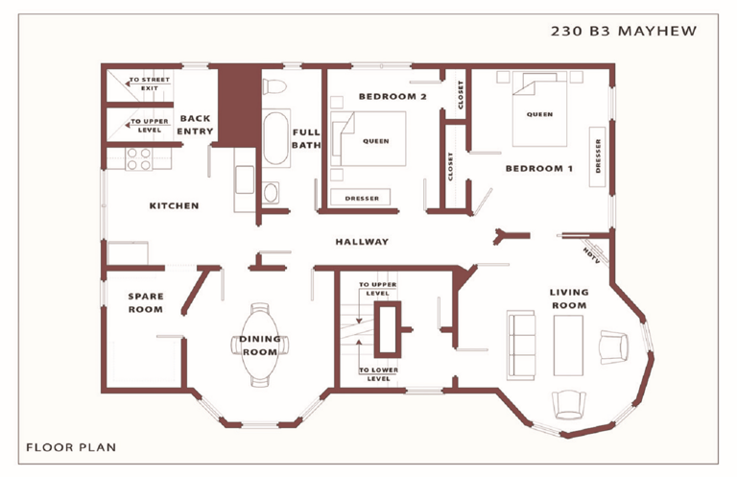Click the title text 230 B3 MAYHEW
coord(623,31)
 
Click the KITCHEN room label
coord(174,205)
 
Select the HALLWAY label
coord(362,242)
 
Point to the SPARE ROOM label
coord(145,303)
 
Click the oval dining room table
coord(259,345)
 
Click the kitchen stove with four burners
coord(139,158)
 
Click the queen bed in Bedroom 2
coord(368,141)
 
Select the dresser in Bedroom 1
coord(597,154)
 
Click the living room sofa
coord(522,342)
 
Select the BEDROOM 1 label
coord(538,169)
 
